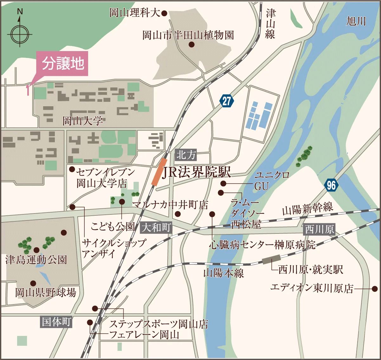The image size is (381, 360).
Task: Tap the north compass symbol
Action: point(20,34)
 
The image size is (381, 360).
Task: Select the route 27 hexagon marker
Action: point(226,101)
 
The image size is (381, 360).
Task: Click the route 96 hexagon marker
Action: point(331,185)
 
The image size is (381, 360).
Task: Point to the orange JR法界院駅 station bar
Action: point(159,172)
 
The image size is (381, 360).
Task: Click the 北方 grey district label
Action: point(186,155)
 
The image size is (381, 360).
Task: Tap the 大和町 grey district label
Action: point(156,227)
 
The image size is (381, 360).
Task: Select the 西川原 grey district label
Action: point(320,229)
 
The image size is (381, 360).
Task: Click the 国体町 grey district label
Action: point(57,322)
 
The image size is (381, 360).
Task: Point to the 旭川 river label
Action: point(356,21)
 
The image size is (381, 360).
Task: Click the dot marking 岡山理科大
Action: point(164,13)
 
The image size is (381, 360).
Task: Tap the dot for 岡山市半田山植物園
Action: point(191,45)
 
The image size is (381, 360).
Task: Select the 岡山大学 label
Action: point(83,121)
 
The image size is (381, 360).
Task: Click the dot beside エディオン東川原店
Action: point(375,289)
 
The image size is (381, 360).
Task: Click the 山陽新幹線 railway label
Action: point(307,208)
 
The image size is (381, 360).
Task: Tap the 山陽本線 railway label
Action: point(223,273)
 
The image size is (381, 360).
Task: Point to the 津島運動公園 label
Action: point(36,260)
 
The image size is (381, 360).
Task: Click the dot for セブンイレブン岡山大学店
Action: point(72,169)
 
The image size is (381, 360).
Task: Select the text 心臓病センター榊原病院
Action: point(262,245)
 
